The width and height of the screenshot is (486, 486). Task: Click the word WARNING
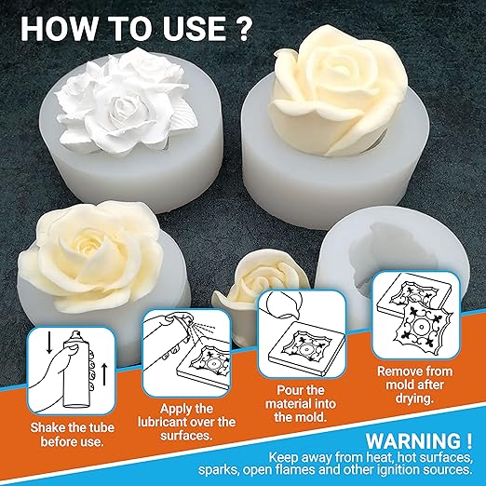(x=419, y=440)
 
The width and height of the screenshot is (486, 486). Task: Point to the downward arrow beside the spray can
(x=49, y=342)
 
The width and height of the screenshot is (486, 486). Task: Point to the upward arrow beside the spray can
(x=104, y=374)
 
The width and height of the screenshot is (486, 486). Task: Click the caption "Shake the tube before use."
(x=72, y=435)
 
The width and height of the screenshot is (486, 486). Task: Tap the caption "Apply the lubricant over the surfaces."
(x=186, y=422)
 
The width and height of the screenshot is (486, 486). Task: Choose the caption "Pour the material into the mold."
(x=301, y=403)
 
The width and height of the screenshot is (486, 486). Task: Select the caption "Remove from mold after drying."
(x=414, y=385)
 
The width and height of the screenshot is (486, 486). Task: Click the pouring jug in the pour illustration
(x=280, y=304)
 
